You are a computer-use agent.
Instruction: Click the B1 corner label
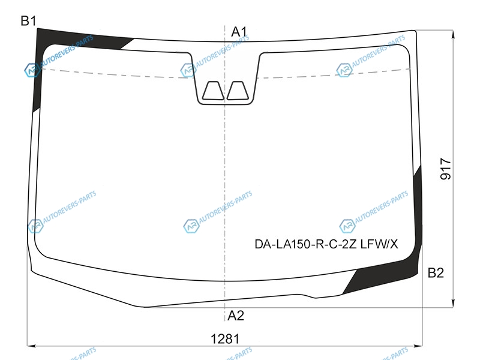(x=28, y=21)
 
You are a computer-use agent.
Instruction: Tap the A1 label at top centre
(x=239, y=32)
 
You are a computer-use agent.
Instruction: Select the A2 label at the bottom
(x=236, y=316)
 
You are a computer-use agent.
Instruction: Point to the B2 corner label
(x=436, y=272)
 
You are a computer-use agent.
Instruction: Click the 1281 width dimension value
(x=225, y=339)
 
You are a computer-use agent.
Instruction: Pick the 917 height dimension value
(x=445, y=169)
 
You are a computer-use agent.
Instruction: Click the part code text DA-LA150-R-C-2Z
(x=305, y=244)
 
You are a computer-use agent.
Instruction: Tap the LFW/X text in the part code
(x=379, y=244)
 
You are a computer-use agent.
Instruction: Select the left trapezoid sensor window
(x=213, y=91)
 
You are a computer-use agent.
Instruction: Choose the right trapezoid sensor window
(x=237, y=91)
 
